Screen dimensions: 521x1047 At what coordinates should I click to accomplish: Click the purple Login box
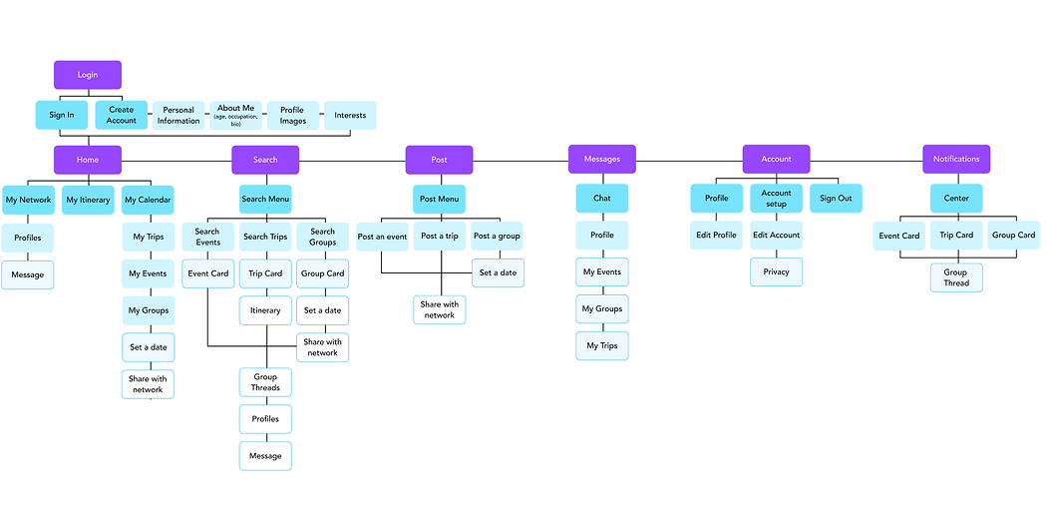[88, 75]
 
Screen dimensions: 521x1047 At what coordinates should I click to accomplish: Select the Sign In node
[62, 115]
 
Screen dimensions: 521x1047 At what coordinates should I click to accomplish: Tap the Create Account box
[122, 115]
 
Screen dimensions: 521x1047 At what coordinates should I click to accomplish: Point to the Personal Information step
[178, 116]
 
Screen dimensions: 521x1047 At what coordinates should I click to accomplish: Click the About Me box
[236, 115]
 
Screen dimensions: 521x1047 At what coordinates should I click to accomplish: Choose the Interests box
[350, 115]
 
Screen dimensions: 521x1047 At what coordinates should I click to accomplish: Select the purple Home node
[88, 160]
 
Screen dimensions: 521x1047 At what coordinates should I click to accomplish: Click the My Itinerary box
[88, 200]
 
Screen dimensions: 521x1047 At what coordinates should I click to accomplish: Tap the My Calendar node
[148, 200]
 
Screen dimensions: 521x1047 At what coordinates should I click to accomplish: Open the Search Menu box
[265, 199]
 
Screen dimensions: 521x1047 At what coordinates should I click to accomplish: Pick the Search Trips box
[265, 237]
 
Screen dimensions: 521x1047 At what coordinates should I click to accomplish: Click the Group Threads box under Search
[265, 382]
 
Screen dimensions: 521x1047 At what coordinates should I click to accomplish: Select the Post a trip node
[440, 237]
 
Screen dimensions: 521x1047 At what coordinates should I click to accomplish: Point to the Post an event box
[382, 237]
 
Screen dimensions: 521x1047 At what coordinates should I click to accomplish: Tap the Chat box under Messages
[602, 198]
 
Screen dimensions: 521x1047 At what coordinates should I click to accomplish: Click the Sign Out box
[836, 198]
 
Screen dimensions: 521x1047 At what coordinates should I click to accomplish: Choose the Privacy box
[776, 271]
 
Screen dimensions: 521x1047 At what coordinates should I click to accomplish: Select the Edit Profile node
[717, 236]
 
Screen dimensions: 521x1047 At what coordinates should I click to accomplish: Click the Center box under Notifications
[956, 198]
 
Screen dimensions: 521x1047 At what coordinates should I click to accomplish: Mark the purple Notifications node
[956, 160]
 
